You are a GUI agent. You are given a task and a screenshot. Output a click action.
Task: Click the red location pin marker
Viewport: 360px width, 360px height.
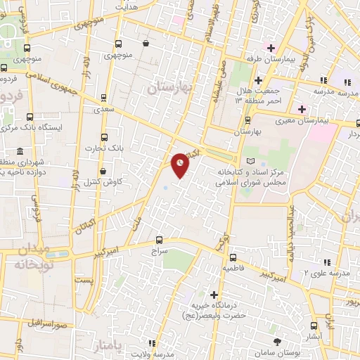click(181, 164)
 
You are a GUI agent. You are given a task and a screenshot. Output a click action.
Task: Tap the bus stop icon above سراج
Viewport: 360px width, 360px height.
click(159, 239)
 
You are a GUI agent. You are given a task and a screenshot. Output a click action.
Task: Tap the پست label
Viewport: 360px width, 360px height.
click(84, 281)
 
